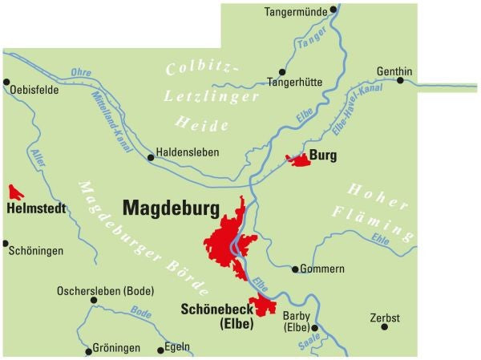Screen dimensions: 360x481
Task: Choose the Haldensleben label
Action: [187, 152]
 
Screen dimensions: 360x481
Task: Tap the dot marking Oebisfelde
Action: [6, 82]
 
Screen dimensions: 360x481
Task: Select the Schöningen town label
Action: [35, 251]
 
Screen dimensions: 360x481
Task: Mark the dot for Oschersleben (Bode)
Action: [94, 300]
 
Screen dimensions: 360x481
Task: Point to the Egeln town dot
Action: [159, 348]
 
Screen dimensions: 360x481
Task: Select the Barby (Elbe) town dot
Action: [315, 328]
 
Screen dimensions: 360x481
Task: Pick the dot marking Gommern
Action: [295, 269]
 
